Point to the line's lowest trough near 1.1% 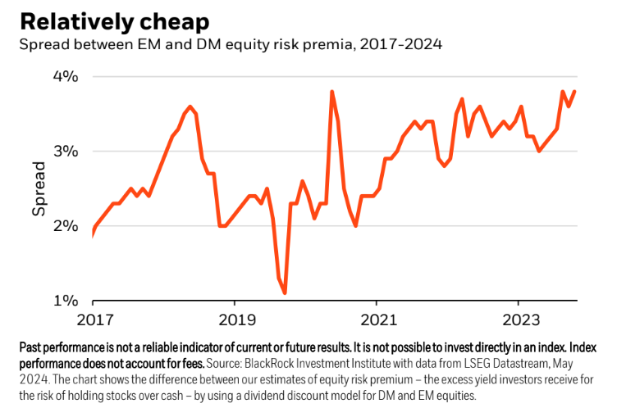(x=285, y=292)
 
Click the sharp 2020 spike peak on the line (x=331, y=92)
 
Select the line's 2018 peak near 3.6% (x=190, y=107)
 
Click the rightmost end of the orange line (x=574, y=92)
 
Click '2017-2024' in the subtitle (x=406, y=44)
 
